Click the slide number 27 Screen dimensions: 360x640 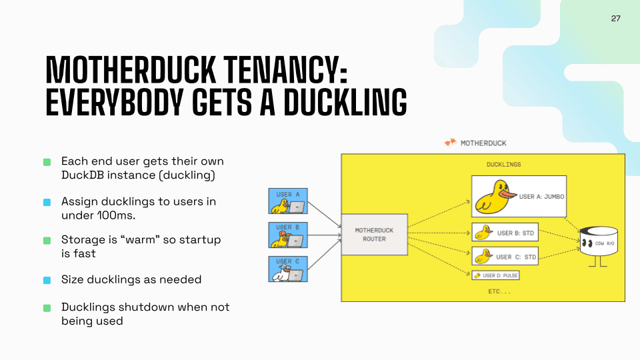[615, 19]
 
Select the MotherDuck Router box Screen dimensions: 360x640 [374, 235]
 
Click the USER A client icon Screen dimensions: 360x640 [288, 201]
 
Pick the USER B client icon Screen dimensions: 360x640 [288, 235]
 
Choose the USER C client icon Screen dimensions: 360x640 [288, 269]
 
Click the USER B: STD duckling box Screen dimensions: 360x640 [505, 233]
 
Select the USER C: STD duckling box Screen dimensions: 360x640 [505, 256]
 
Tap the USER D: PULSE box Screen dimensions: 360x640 [495, 275]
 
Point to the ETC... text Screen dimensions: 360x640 [498, 291]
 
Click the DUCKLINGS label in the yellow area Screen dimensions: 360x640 [504, 164]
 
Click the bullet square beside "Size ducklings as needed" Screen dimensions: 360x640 [47, 280]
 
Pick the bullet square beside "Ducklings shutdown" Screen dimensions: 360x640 [47, 308]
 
